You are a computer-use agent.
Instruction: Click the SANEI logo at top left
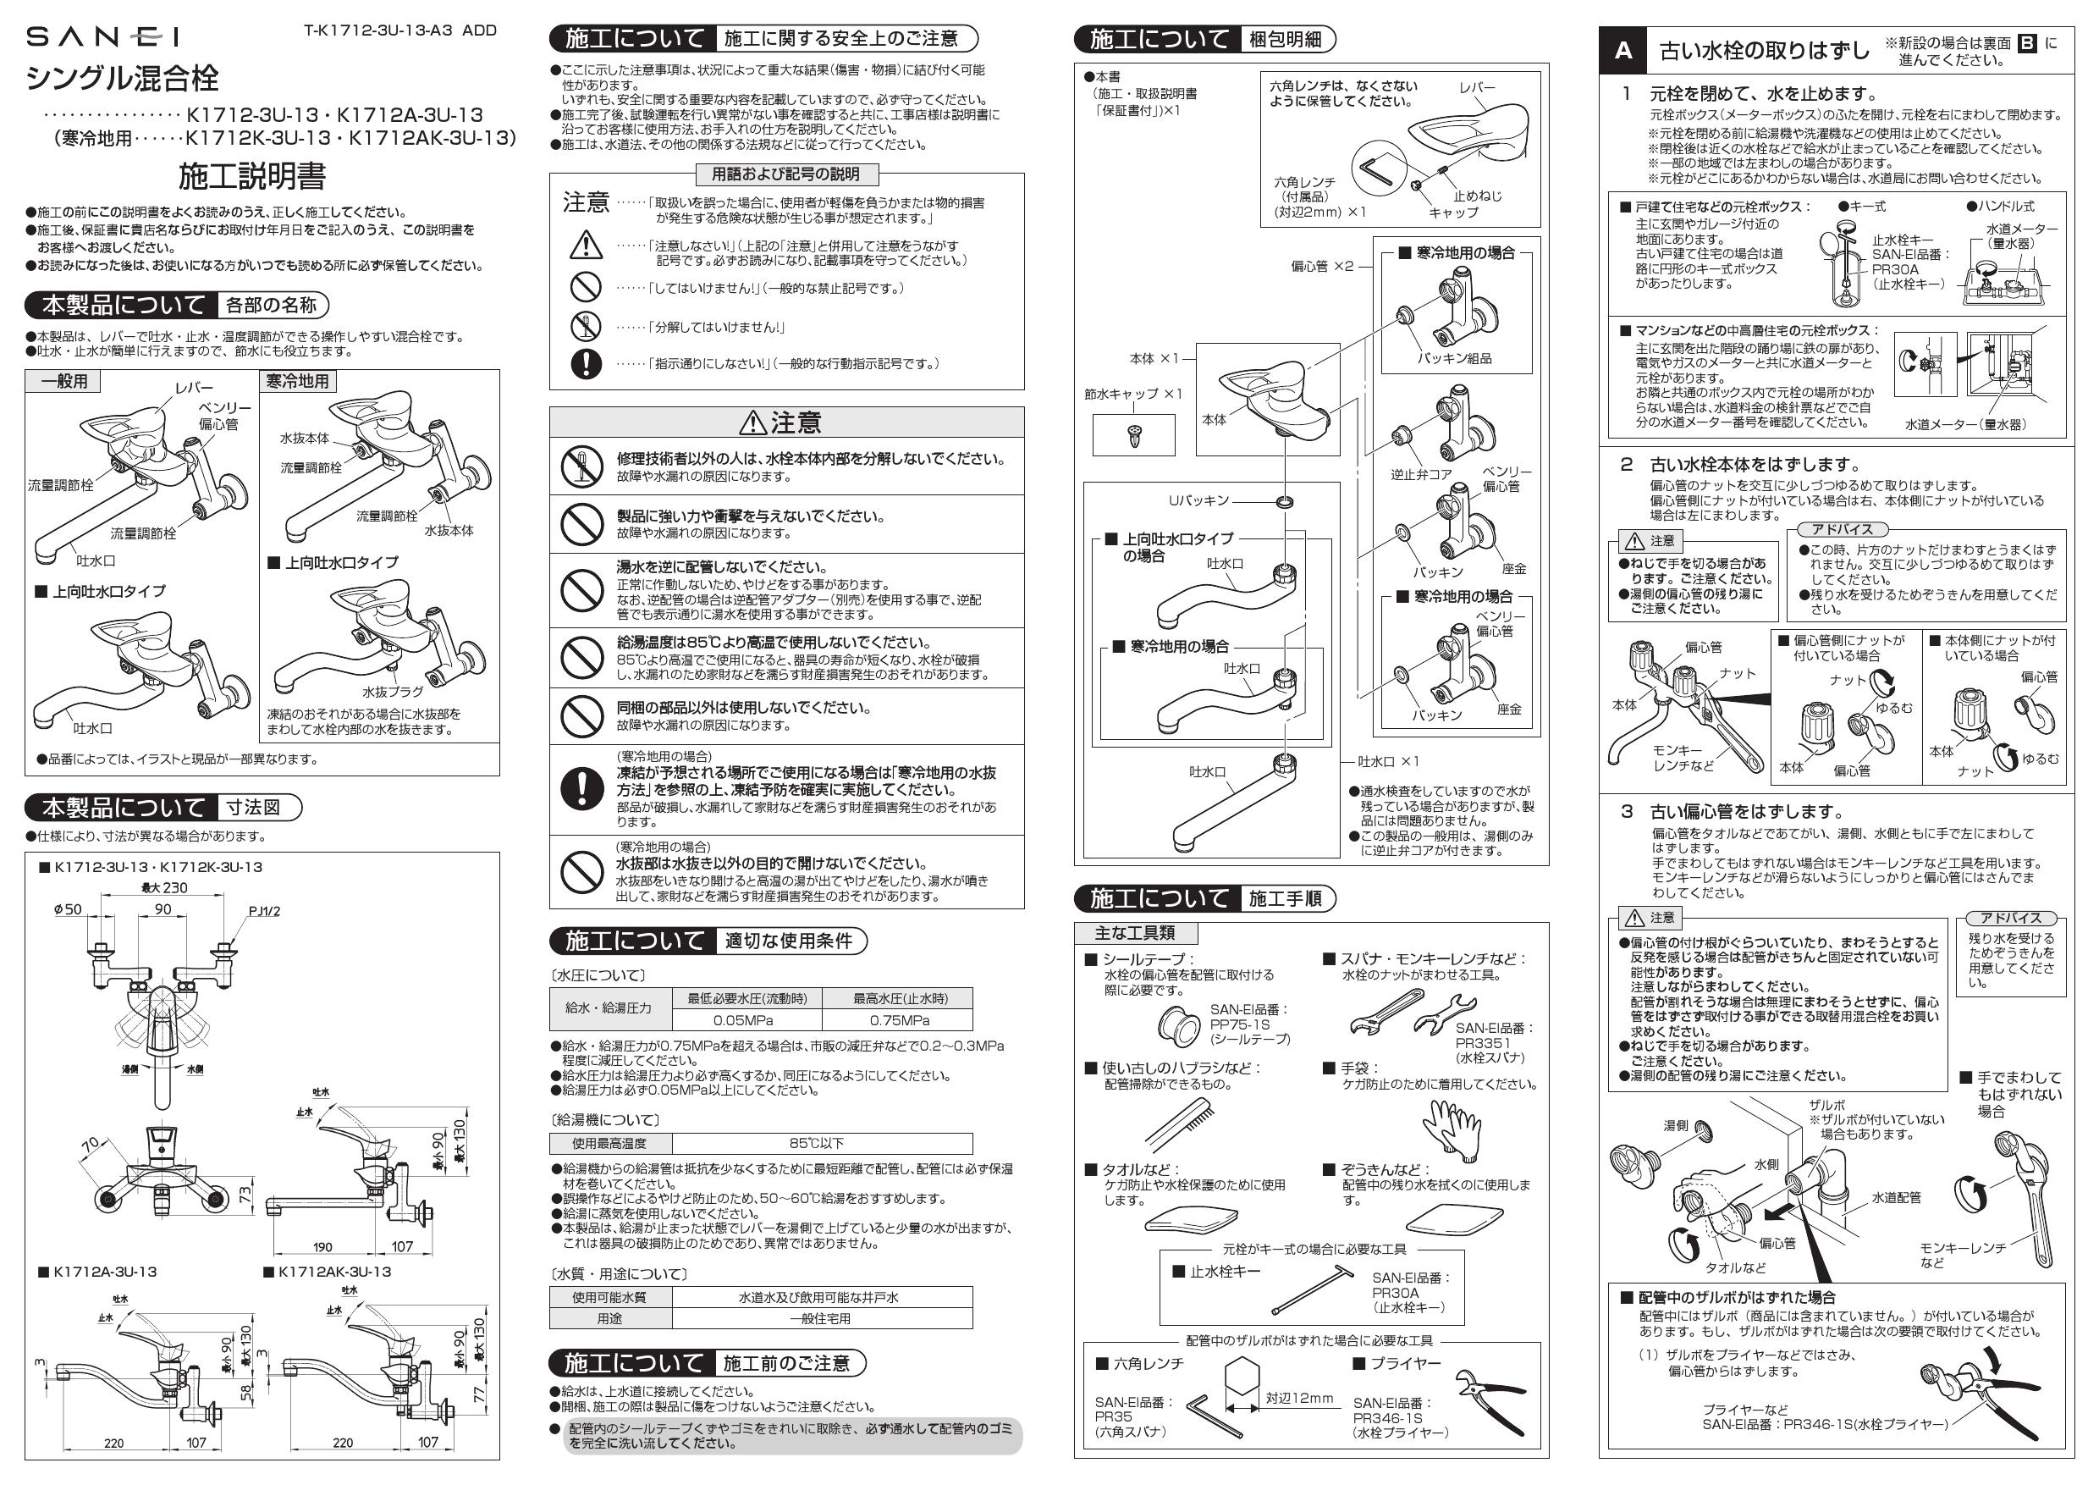(x=102, y=36)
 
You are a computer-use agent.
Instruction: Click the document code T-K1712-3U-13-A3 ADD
(x=399, y=30)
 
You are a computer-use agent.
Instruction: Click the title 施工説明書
(x=251, y=175)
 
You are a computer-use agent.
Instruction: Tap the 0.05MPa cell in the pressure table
(x=745, y=1020)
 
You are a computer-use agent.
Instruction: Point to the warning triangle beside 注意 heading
(x=752, y=422)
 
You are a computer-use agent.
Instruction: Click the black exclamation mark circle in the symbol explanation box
(x=585, y=363)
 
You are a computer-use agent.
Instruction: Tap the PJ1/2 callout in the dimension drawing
(x=264, y=911)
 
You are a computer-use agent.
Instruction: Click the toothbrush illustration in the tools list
(x=1178, y=1123)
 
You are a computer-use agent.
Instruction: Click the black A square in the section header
(x=1622, y=51)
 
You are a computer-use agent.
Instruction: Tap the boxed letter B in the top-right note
(x=2025, y=43)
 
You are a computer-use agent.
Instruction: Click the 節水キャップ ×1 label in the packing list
(x=1132, y=395)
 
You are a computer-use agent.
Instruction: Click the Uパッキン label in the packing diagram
(x=1198, y=500)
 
